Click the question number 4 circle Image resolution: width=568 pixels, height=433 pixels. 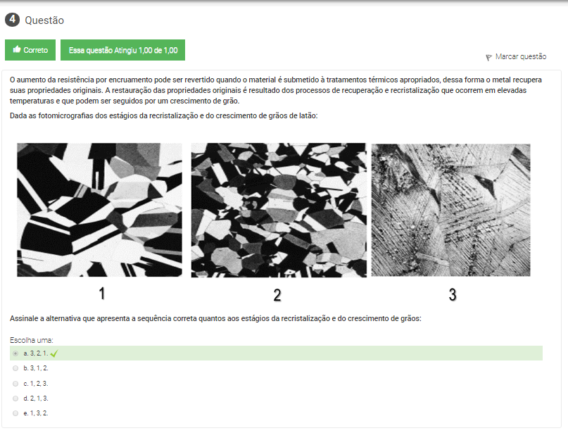(x=12, y=20)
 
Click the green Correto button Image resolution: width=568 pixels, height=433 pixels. (x=30, y=50)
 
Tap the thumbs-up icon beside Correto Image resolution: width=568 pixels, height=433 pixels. (x=17, y=49)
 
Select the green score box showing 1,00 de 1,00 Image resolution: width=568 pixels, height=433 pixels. (x=122, y=50)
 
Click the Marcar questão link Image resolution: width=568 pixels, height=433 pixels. (x=521, y=56)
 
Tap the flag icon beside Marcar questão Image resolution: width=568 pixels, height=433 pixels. (x=488, y=57)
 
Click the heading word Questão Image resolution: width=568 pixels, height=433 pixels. (x=44, y=20)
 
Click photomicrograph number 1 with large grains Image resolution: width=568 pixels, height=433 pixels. (x=100, y=210)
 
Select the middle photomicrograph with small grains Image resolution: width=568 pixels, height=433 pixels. (x=279, y=210)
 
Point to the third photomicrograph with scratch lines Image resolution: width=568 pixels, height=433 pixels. (x=450, y=210)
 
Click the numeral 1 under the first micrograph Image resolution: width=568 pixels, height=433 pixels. (x=102, y=293)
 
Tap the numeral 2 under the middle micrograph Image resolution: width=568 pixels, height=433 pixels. (x=277, y=295)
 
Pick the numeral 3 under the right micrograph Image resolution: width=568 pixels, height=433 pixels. (x=453, y=294)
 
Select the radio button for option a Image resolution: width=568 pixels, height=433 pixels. (x=15, y=353)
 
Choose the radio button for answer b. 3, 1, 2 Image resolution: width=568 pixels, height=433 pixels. (x=15, y=368)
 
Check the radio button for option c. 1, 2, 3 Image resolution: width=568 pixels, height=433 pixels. (x=15, y=384)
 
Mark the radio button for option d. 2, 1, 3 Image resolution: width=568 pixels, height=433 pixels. (x=15, y=399)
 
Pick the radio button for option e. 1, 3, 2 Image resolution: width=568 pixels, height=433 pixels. (x=15, y=413)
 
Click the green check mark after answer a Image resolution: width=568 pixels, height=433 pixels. (x=54, y=353)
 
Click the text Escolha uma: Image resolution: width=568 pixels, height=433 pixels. (x=32, y=340)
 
